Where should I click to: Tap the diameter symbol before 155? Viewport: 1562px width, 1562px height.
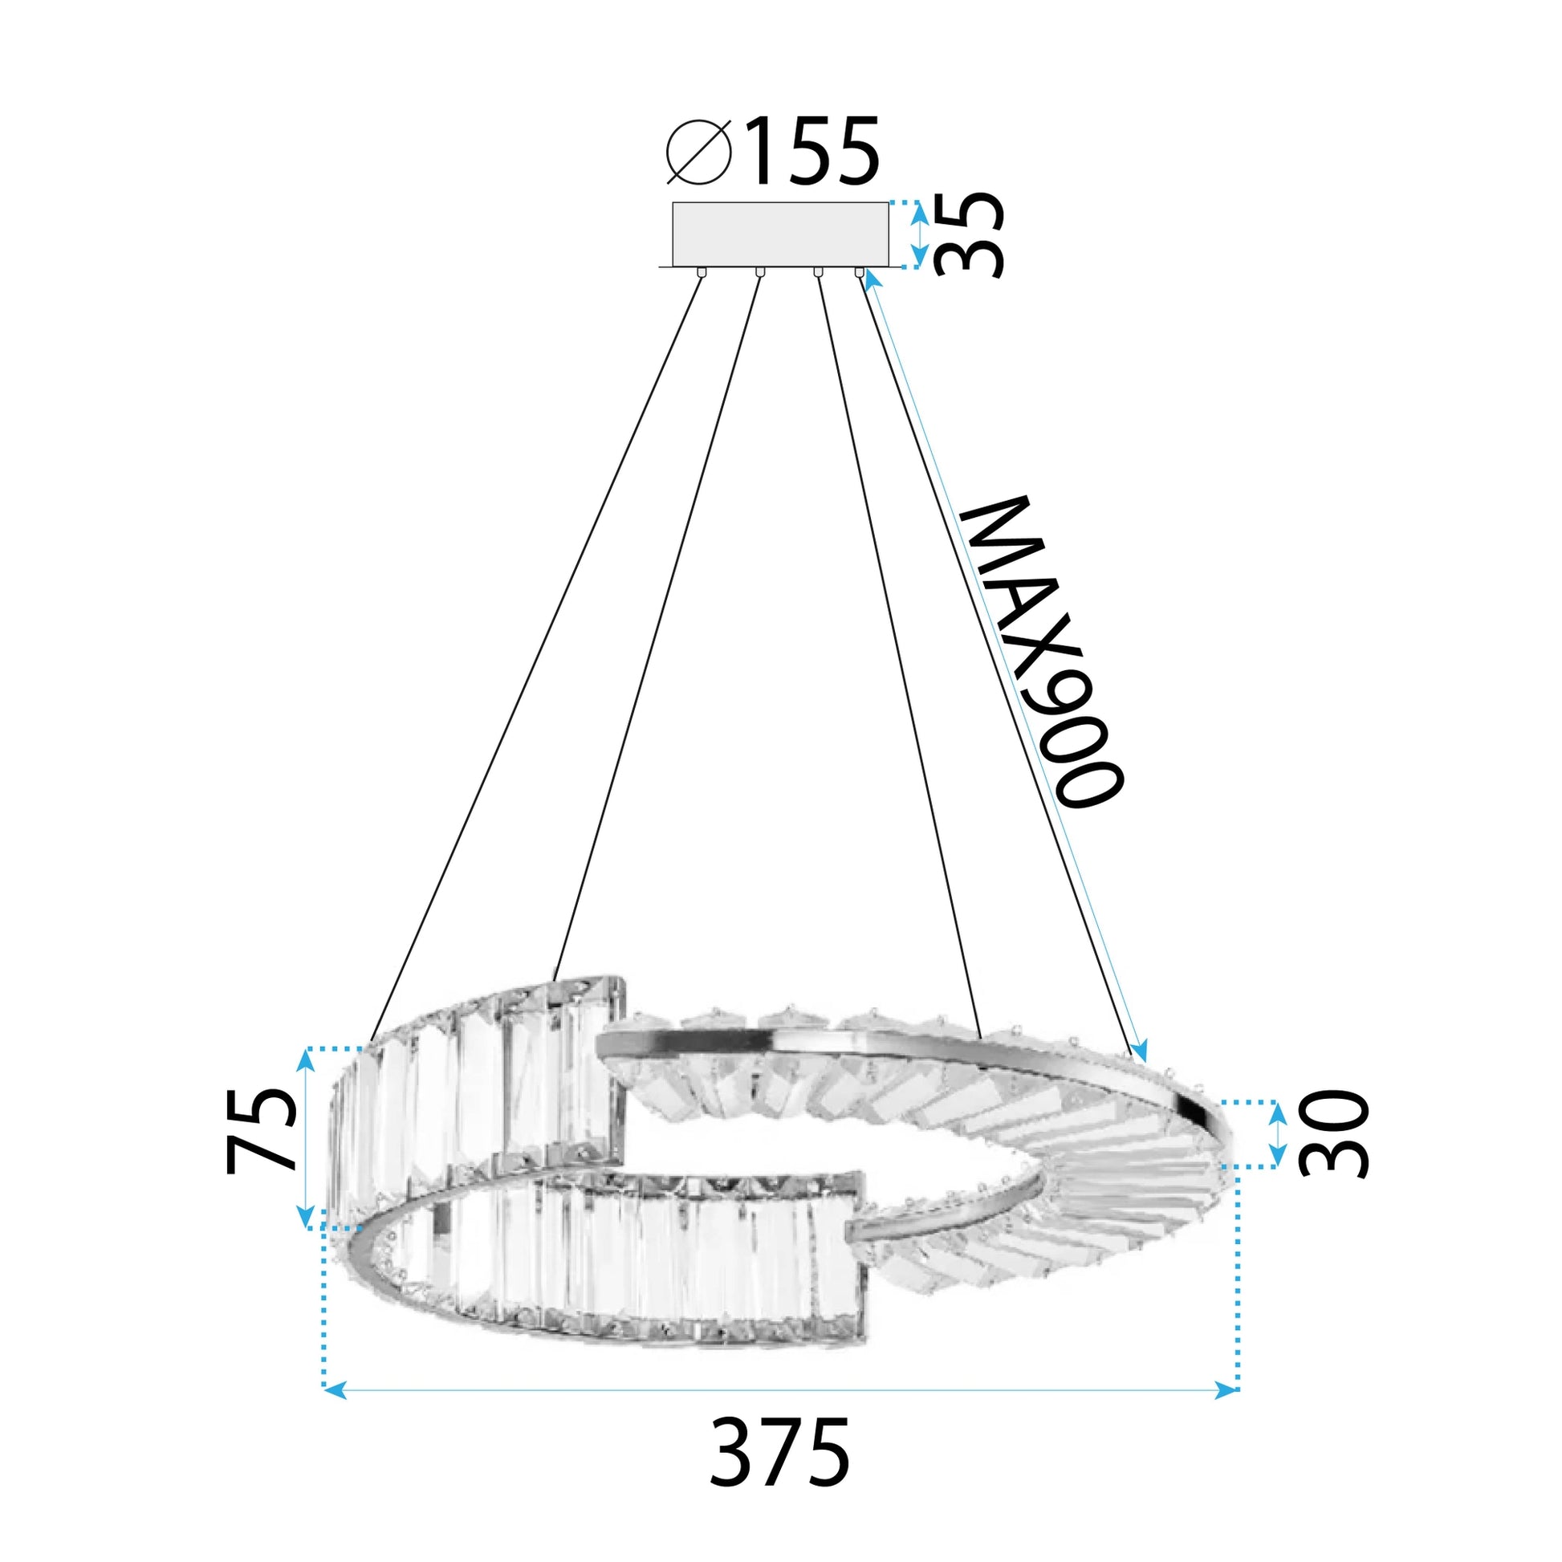pyautogui.click(x=699, y=151)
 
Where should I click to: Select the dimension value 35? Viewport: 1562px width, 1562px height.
pyautogui.click(x=969, y=235)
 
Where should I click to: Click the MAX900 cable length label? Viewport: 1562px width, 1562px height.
pyautogui.click(x=1041, y=651)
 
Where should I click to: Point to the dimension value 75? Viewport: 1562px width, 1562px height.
pyautogui.click(x=259, y=1130)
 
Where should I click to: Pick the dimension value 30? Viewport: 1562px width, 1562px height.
pyautogui.click(x=1332, y=1134)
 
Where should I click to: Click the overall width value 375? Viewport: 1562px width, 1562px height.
pyautogui.click(x=780, y=1451)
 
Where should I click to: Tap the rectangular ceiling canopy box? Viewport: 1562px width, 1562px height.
pyautogui.click(x=780, y=234)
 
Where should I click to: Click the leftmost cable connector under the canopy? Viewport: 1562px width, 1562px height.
pyautogui.click(x=701, y=272)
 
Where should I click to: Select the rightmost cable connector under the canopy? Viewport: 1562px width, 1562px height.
pyautogui.click(x=860, y=272)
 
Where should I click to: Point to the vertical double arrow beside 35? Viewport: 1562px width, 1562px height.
pyautogui.click(x=919, y=235)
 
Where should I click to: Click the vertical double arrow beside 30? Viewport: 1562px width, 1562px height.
pyautogui.click(x=1277, y=1134)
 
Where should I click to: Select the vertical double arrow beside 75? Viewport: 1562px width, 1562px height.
pyautogui.click(x=306, y=1137)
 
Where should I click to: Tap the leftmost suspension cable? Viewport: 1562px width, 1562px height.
pyautogui.click(x=534, y=659)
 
